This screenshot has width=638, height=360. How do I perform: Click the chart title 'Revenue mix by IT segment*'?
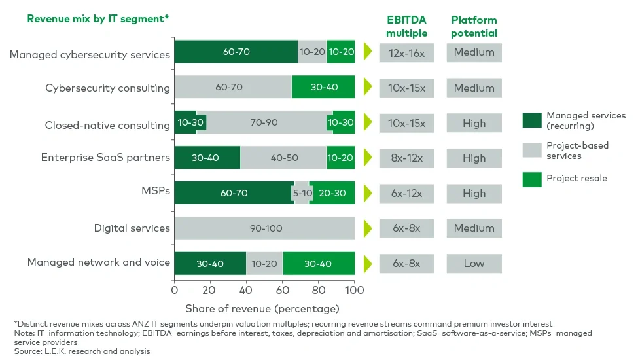coord(98,19)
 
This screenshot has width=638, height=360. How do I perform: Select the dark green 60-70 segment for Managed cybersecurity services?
coord(236,52)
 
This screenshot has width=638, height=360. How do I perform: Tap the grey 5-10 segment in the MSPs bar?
coord(302,193)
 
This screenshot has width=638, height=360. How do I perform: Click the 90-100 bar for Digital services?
coord(264,228)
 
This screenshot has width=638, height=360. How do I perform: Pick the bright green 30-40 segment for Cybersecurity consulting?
coord(323,87)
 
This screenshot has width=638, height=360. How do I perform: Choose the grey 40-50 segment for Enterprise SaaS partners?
coord(283,158)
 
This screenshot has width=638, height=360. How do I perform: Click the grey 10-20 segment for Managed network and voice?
coord(264,264)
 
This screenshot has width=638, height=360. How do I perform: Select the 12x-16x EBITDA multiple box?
coord(406,52)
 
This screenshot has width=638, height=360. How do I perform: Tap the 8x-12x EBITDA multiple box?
coord(406,158)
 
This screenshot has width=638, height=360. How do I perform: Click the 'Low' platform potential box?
coord(474,264)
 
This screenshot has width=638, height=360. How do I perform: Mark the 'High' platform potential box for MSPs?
coord(474,194)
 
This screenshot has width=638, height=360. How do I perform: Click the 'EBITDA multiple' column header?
coord(406,26)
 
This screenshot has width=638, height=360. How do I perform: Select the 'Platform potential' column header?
coord(474,26)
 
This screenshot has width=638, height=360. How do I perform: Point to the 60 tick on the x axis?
coord(283,290)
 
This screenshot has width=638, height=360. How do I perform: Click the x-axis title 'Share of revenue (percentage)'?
coord(262,308)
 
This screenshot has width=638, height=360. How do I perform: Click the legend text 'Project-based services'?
coord(577,151)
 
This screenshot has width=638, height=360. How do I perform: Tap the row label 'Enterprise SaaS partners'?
coord(105,158)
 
